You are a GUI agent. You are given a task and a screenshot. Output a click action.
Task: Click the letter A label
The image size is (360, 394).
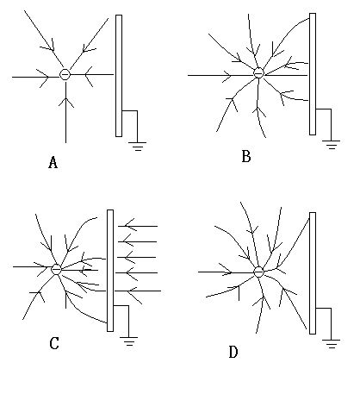click(53, 162)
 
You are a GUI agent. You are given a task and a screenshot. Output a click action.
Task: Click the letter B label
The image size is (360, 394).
click(246, 157)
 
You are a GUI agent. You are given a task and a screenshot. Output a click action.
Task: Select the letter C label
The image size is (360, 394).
click(54, 343)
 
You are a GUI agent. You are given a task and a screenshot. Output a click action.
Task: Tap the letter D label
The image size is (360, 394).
click(233, 352)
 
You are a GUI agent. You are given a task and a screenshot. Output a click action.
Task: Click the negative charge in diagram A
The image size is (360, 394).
click(65, 74)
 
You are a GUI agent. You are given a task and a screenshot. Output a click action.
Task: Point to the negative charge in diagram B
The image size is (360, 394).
click(258, 72)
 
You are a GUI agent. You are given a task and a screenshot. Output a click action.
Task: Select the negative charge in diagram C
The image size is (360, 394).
click(56, 269)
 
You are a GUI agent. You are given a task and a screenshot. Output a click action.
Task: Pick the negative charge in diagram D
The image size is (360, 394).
click(258, 272)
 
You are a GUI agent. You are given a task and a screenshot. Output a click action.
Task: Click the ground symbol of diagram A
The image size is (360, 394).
click(137, 147)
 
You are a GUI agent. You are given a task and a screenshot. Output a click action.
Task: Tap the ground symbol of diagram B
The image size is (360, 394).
click(331, 145)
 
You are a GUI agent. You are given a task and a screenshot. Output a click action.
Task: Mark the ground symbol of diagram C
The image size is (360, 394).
click(128, 341)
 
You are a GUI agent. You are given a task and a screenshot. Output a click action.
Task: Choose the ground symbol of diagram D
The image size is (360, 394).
click(331, 344)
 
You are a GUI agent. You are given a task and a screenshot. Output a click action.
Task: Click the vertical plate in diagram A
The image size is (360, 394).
click(119, 76)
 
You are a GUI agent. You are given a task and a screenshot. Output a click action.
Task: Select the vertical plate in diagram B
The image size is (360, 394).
click(313, 74)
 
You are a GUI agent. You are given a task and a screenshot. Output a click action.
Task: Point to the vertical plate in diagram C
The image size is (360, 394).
click(110, 271)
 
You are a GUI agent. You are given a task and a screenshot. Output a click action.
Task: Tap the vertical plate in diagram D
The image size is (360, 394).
click(313, 273)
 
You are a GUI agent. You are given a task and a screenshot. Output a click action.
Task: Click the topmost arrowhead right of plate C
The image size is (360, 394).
click(129, 225)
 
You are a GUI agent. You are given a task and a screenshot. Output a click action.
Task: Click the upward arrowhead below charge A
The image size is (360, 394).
click(66, 102)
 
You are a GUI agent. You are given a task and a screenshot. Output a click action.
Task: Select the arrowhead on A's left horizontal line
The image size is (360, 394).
click(44, 78)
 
